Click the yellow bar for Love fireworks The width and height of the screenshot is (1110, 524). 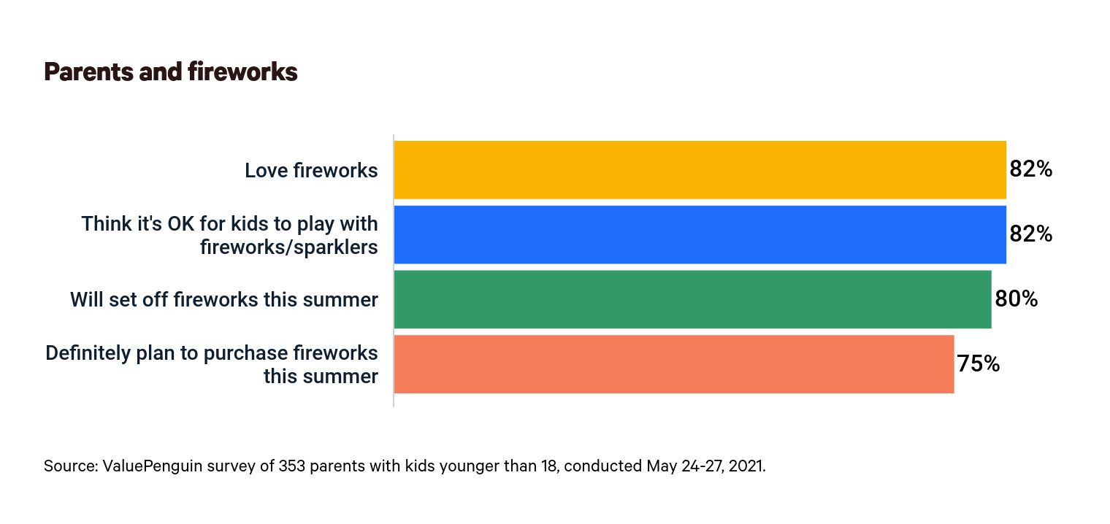click(700, 169)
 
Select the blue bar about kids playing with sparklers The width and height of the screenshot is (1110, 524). click(700, 234)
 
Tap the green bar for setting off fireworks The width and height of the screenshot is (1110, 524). click(692, 299)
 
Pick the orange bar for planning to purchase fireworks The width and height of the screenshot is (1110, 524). click(673, 364)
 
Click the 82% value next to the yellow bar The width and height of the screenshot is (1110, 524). click(1030, 169)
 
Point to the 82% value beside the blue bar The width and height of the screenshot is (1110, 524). click(1030, 234)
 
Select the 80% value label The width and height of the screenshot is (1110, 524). click(1016, 299)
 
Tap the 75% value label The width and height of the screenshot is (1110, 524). click(978, 364)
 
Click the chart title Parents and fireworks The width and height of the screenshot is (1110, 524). click(171, 72)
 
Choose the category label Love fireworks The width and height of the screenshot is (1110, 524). click(311, 171)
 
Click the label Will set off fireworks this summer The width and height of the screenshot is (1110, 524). click(223, 300)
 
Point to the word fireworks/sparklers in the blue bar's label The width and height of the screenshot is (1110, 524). click(288, 247)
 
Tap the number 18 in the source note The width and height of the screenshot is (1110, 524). click(548, 466)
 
